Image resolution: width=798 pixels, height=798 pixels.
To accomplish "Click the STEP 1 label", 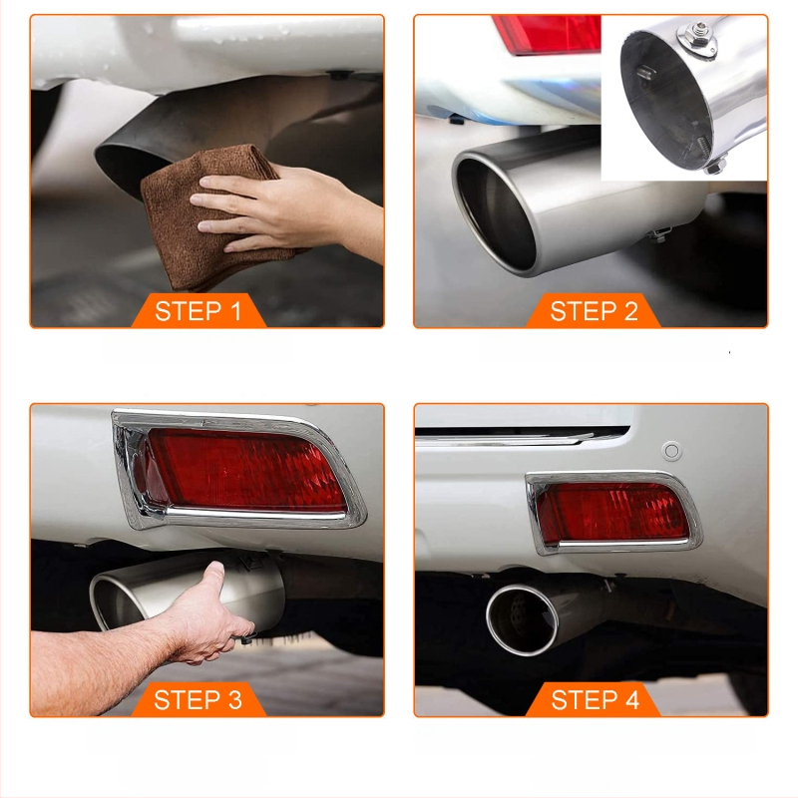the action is click(x=198, y=311).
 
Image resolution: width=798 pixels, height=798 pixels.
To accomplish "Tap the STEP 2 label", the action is click(x=594, y=311).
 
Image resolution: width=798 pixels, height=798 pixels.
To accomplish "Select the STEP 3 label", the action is click(x=198, y=700).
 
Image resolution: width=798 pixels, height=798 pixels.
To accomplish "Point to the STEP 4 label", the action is click(x=595, y=700).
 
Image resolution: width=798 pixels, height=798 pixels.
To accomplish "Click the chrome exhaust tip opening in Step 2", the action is click(x=495, y=213).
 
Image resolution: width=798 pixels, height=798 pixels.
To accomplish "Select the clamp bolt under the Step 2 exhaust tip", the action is click(x=659, y=235).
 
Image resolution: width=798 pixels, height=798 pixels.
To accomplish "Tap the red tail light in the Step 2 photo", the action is click(x=547, y=34).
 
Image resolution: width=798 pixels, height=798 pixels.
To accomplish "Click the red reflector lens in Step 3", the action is click(x=244, y=470).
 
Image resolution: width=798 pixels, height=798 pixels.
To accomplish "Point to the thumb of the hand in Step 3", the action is click(x=212, y=577).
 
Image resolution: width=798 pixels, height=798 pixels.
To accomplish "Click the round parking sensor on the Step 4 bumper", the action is click(x=671, y=451).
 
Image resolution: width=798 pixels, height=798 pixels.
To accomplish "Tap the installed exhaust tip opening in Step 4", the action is click(x=521, y=618).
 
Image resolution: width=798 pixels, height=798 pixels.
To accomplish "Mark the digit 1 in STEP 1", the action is click(x=235, y=311).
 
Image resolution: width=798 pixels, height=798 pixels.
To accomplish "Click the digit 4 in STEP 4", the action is click(x=632, y=700).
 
